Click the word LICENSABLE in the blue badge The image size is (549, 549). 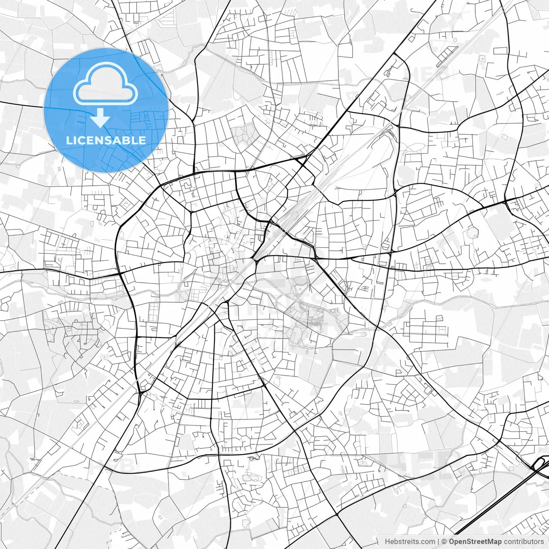(106, 140)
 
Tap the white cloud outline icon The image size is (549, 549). (106, 84)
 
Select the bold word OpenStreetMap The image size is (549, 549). (475, 542)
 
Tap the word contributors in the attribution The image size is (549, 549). (523, 542)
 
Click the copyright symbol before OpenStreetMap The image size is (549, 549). (445, 542)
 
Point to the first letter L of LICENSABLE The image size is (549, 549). (69, 140)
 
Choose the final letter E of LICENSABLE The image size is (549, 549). (142, 140)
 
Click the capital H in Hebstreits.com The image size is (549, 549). (387, 542)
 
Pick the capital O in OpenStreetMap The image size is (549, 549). (452, 542)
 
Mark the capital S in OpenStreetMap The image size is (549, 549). (471, 542)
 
